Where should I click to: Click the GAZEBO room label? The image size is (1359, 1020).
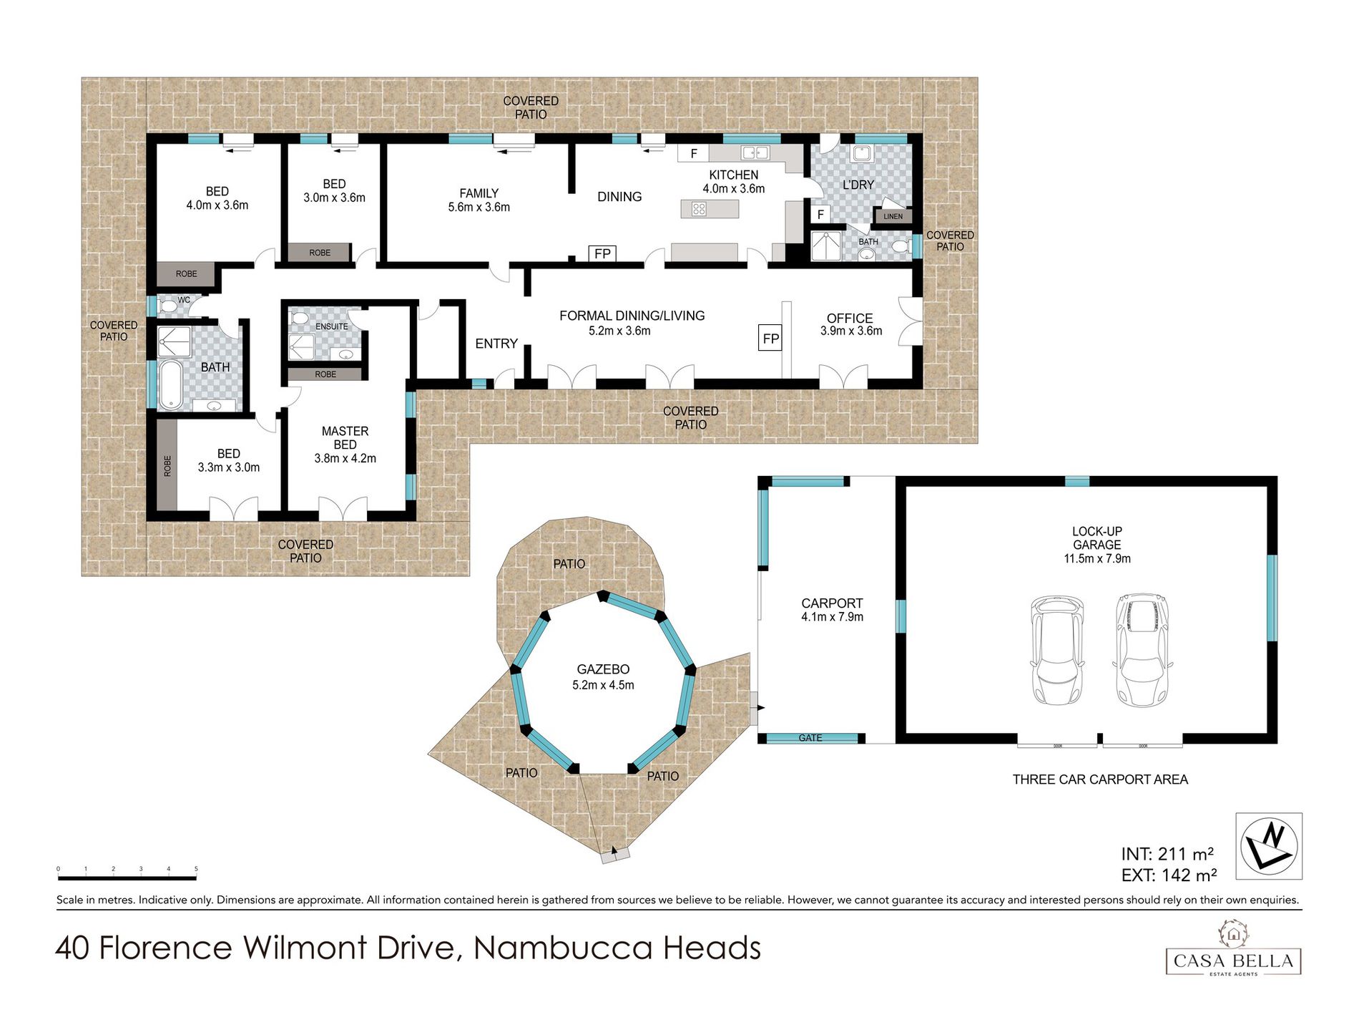(603, 669)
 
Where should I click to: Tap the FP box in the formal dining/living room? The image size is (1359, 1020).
(770, 339)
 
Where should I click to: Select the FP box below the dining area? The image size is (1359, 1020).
(602, 253)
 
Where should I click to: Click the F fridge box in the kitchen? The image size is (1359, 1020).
(693, 153)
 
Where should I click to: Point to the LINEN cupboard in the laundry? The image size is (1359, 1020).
(893, 215)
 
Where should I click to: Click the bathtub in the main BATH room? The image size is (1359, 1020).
(170, 384)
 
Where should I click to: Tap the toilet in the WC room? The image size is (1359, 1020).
(167, 306)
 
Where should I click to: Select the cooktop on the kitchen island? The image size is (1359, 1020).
(699, 209)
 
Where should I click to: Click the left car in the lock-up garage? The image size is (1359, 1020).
(1056, 651)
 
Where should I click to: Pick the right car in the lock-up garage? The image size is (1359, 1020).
(1142, 650)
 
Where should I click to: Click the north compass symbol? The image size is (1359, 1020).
(1269, 845)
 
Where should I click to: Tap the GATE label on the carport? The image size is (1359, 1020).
(810, 738)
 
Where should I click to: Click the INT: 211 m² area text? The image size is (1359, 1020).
(1167, 853)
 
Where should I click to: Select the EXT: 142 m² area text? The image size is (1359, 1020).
(1169, 875)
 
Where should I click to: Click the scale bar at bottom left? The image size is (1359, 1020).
(127, 877)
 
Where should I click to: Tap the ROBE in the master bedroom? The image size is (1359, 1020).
(325, 374)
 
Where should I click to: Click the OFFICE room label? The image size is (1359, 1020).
(850, 318)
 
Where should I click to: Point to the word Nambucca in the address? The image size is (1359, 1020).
(564, 948)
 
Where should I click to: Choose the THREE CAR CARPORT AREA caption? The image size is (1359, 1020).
(1100, 779)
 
